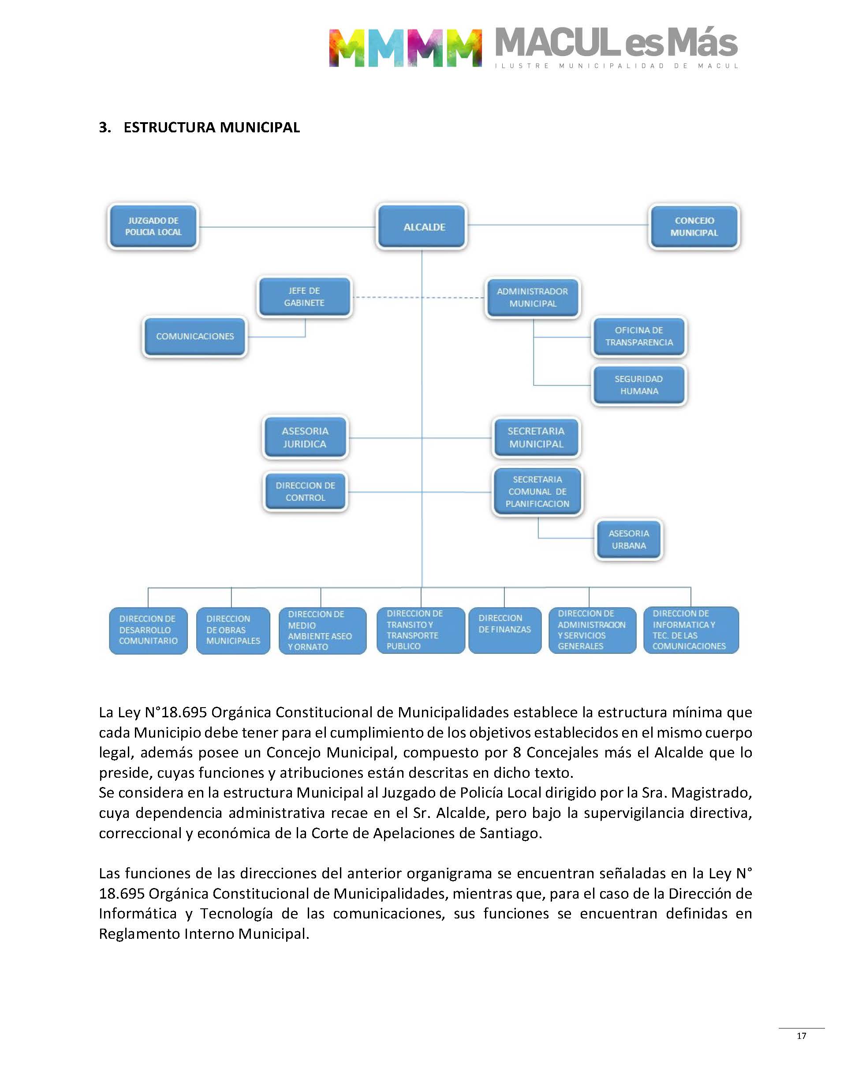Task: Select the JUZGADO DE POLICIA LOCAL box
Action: point(153,226)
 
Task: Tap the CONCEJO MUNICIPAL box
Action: point(694,226)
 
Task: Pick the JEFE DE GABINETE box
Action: point(304,296)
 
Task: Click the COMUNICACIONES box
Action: point(195,337)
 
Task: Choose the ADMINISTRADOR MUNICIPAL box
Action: point(532,297)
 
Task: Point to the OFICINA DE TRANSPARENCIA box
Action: point(639,337)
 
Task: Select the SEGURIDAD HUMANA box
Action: point(639,385)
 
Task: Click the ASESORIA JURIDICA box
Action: point(305,438)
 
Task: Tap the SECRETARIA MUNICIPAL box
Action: point(536,438)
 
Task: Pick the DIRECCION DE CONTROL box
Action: point(305,491)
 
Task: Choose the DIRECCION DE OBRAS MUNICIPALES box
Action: point(233,630)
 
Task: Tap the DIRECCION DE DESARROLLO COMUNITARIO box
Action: point(148,630)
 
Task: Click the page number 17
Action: point(801,1036)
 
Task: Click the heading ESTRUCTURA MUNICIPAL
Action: point(211,127)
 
